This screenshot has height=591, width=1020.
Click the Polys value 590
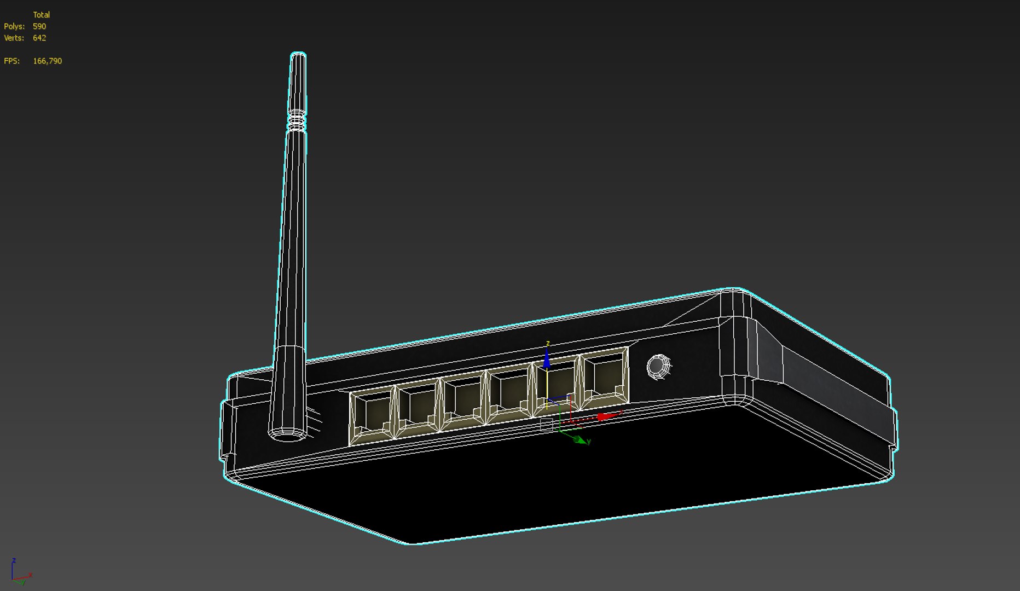coord(39,26)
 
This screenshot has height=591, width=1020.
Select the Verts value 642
coord(39,38)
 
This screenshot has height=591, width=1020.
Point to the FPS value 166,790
coord(47,61)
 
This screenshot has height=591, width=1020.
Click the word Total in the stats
coord(41,15)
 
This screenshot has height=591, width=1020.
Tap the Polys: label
coord(14,26)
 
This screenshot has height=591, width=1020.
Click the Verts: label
coord(14,38)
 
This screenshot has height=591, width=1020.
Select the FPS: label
coord(11,61)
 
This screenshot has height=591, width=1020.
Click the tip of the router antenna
coord(298,56)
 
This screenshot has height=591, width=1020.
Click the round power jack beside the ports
coord(658,366)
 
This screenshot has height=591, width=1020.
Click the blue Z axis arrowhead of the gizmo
coord(547,358)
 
